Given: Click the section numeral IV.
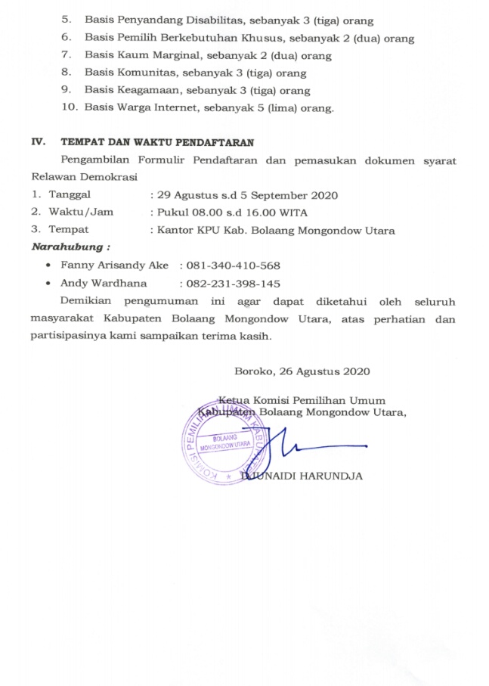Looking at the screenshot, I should [x=37, y=141].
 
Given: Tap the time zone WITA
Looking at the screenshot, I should [x=292, y=213].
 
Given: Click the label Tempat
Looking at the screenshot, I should [x=69, y=230].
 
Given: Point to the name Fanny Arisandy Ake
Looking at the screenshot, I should [x=115, y=265].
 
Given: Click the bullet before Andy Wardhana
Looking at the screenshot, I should [x=49, y=284].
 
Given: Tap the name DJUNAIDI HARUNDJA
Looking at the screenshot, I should [x=302, y=476].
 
